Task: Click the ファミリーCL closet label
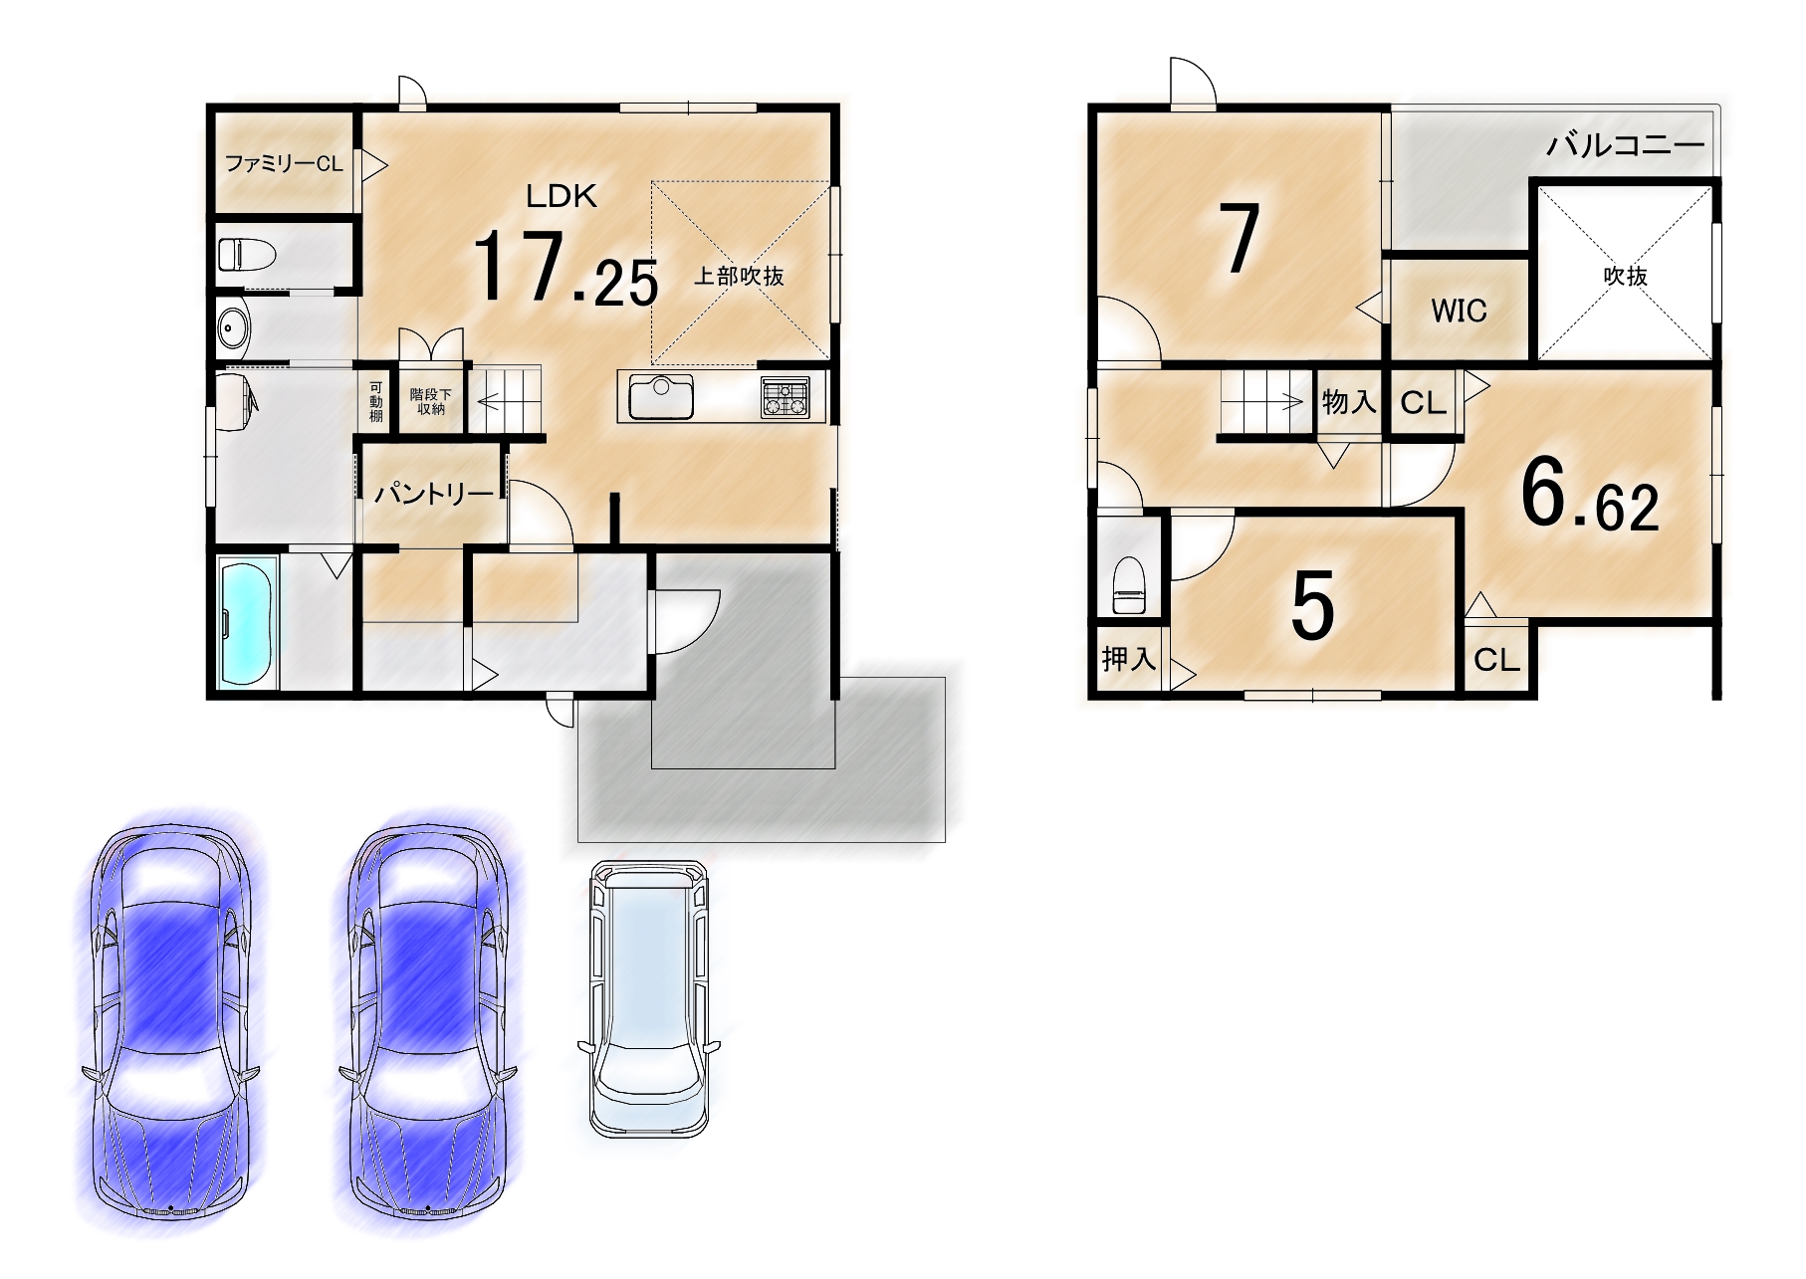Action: point(284,163)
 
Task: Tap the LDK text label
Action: point(562,196)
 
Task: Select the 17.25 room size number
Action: point(564,268)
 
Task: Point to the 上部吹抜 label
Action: point(739,276)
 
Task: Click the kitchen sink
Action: point(661,398)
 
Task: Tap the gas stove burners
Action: point(786,397)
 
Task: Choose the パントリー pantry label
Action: point(434,494)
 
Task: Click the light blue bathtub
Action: point(245,624)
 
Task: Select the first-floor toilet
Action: point(246,254)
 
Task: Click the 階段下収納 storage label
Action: point(431,401)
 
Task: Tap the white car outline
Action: point(649,998)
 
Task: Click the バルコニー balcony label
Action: point(1625,146)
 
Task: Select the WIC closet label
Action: point(1459,311)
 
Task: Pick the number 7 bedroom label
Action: point(1239,239)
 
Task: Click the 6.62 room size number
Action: point(1590,497)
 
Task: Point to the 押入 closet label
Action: point(1128,658)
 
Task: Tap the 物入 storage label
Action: point(1349,401)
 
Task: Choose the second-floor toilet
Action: point(1129,585)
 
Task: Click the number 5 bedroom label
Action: point(1312,606)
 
